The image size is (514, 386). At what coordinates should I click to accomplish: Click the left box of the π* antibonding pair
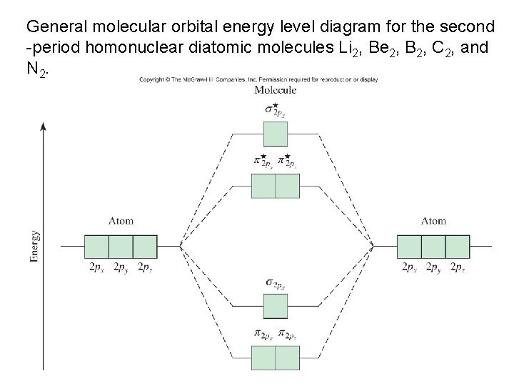coord(263,186)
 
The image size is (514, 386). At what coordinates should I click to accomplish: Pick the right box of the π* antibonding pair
coord(287,186)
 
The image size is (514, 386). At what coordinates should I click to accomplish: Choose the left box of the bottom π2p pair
coord(263,357)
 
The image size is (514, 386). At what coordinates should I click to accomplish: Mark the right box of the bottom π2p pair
coord(287,357)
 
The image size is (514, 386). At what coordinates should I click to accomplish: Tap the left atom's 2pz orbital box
coord(145,246)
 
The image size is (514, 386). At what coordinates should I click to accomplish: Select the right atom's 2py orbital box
coord(433,246)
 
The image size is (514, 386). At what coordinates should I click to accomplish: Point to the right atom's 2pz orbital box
coord(458,246)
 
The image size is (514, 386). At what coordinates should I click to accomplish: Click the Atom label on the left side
coord(121,221)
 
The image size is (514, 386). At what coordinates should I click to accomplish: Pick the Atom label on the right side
coord(433,221)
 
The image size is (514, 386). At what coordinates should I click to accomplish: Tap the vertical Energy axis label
coord(35,247)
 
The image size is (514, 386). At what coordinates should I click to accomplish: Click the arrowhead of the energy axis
coord(44,127)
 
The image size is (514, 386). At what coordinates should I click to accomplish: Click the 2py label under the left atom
coord(119,267)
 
